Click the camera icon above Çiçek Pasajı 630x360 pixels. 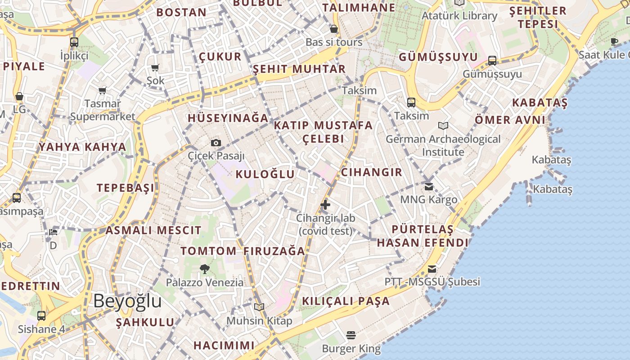(216, 143)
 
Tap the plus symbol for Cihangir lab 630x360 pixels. (325, 205)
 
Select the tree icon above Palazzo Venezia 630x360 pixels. (204, 269)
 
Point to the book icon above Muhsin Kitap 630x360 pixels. (259, 307)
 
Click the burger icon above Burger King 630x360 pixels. (351, 335)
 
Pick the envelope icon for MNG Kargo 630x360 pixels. (429, 186)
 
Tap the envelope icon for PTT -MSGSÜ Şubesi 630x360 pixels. (432, 269)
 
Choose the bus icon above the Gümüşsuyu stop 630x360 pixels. (492, 61)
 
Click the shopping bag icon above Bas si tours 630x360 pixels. (334, 29)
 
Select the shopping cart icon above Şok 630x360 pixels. (155, 68)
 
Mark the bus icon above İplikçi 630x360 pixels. (74, 42)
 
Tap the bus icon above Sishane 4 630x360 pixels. (41, 316)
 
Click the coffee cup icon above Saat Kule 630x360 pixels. (614, 42)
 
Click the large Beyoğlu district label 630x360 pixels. (127, 301)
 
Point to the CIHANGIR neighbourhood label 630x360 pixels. (372, 172)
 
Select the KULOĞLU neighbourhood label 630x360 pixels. (265, 174)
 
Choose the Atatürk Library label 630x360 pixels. (459, 16)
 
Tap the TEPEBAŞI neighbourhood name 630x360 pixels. (126, 188)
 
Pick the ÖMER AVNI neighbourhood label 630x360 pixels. (510, 120)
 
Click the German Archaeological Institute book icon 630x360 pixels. (443, 126)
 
